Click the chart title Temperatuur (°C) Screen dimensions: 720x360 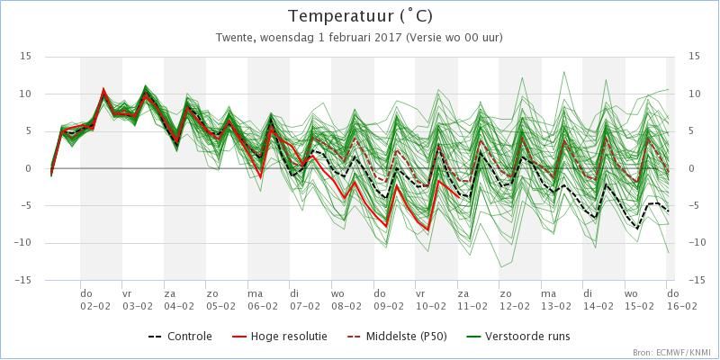(360, 16)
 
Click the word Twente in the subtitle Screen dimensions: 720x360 (232, 38)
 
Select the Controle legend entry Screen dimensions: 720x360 (181, 337)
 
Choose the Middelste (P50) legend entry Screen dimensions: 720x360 (396, 337)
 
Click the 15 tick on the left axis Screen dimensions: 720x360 (25, 57)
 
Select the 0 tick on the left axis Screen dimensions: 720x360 (28, 168)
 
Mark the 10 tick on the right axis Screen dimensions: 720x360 (694, 94)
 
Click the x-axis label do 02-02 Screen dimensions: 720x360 (95, 300)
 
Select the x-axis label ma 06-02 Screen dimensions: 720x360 (263, 300)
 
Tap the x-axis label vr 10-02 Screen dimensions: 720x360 (430, 300)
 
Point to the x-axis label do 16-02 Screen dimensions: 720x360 (682, 300)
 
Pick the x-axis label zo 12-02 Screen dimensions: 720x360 (514, 300)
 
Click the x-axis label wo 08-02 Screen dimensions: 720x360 (346, 300)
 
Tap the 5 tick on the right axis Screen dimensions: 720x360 (691, 131)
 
